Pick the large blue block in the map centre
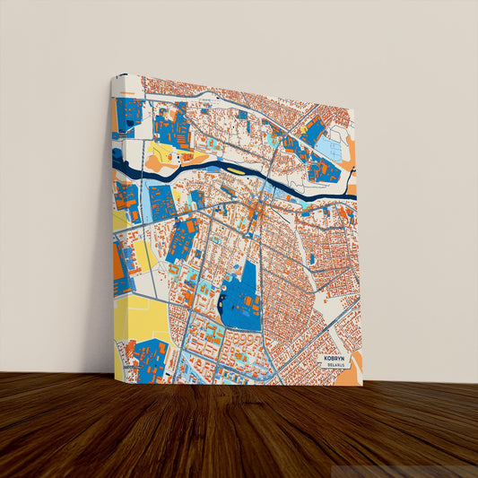[239, 296]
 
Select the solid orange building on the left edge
[119, 261]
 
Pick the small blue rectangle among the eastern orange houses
[311, 258]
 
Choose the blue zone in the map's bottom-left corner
[147, 360]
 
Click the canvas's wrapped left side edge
[112, 224]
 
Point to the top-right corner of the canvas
[354, 111]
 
